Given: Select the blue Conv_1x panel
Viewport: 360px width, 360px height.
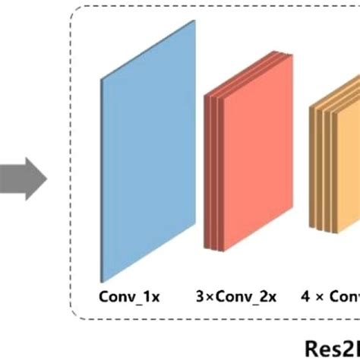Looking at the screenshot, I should pyautogui.click(x=148, y=152).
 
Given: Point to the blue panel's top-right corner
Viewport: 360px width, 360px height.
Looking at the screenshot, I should pyautogui.click(x=196, y=21).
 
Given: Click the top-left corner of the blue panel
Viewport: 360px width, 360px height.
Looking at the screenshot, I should pyautogui.click(x=101, y=78).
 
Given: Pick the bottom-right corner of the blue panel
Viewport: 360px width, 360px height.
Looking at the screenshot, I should pyautogui.click(x=196, y=225).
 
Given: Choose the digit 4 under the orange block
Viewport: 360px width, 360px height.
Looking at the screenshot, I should pyautogui.click(x=305, y=296).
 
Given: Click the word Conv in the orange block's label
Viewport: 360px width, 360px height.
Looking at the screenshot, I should pyautogui.click(x=343, y=296).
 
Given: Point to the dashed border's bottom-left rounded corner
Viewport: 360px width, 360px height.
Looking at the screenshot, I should pyautogui.click(x=76, y=315).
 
